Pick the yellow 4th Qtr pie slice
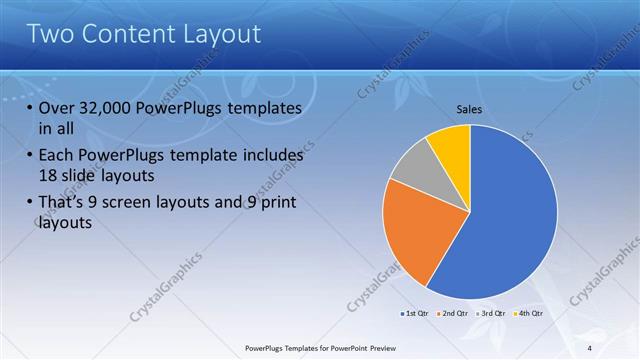click(451, 146)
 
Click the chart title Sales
click(470, 109)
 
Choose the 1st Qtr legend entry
click(415, 314)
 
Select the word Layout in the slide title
click(223, 34)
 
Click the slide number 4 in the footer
click(589, 348)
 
